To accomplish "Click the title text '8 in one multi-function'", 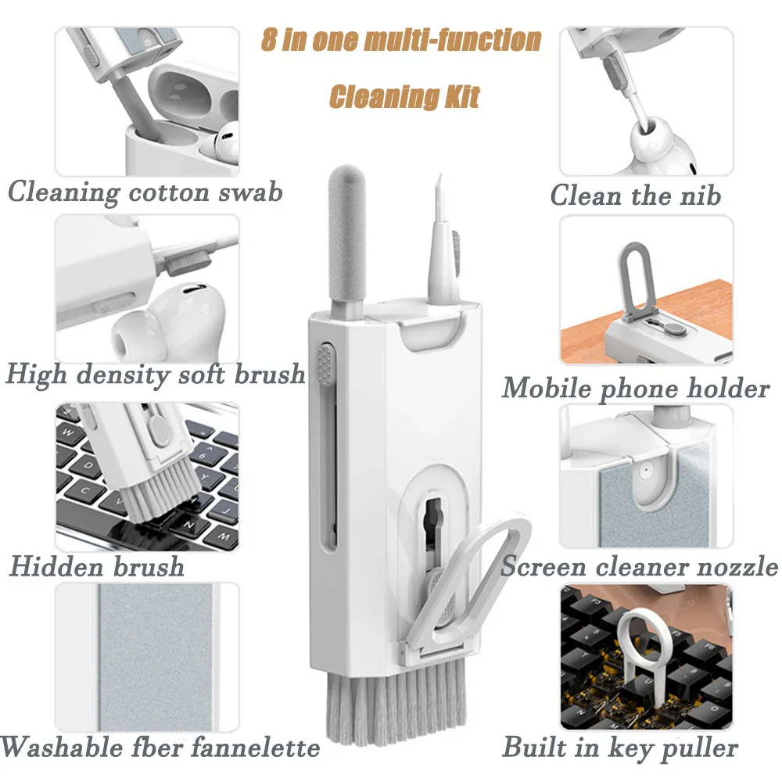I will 400,40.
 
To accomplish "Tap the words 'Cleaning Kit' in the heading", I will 404,96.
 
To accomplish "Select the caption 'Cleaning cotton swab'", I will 145,192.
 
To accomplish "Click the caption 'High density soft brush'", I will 155,374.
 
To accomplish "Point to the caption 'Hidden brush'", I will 97,565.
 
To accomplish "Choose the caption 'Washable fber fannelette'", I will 160,747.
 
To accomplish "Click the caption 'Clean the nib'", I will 635,195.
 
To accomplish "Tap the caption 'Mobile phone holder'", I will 635,387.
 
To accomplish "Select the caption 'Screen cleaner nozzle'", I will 639,565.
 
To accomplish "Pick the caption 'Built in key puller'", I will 620,747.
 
